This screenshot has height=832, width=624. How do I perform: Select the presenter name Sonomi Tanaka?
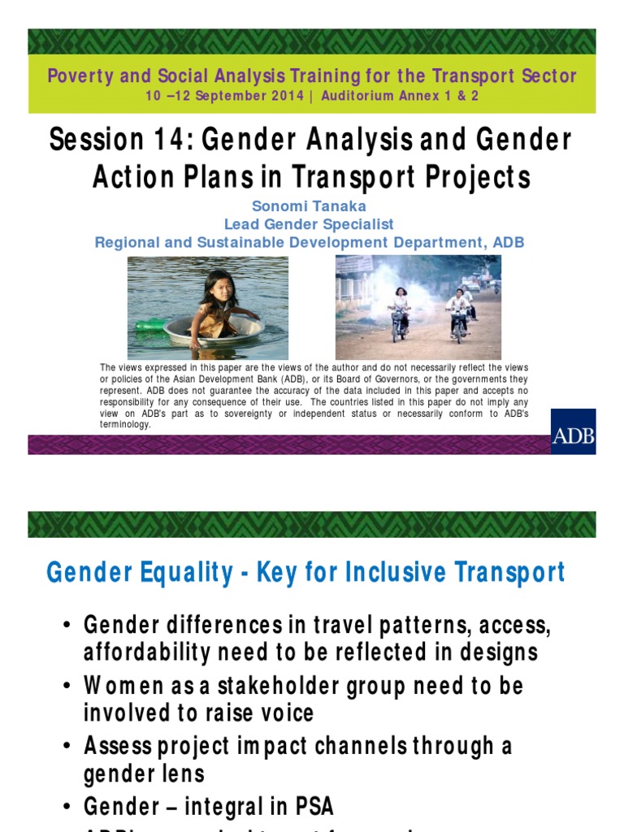point(310,206)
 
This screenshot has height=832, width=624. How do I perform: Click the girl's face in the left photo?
point(219,288)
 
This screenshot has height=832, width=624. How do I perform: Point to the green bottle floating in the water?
point(150,324)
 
